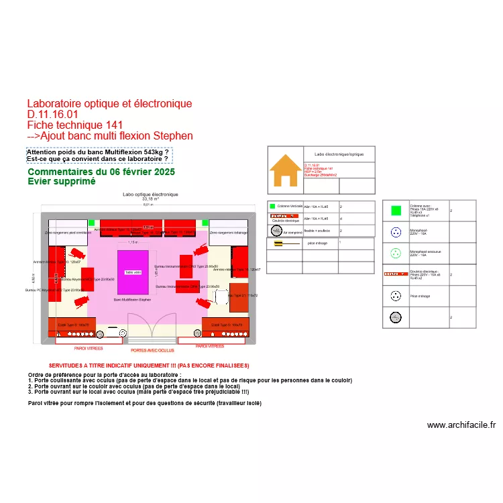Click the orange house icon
pos(286,170)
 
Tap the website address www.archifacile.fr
pos(461,425)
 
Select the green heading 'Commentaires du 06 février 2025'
pos(101,172)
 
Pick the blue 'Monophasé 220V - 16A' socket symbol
pos(396,233)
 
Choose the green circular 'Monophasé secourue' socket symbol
pos(396,254)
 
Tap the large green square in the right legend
pos(396,211)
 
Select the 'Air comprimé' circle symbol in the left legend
pos(276,230)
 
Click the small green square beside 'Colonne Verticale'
pos(272,207)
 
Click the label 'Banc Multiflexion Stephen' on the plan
pos(132,299)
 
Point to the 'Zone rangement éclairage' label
pos(229,233)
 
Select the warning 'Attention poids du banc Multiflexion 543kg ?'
pos(97,153)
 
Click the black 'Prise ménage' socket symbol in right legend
pos(396,296)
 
